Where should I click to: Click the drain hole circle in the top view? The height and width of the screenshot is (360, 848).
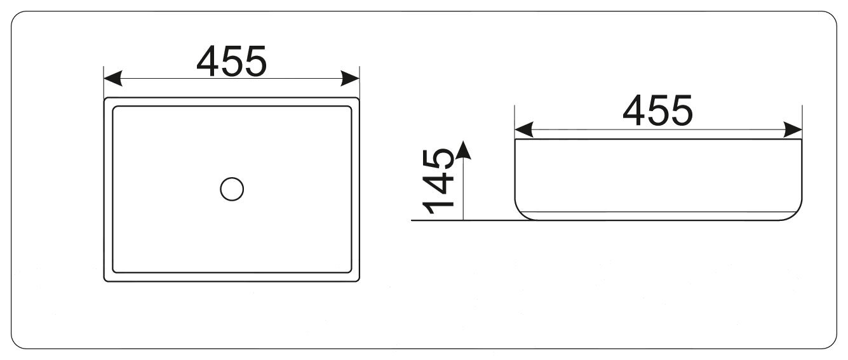pos(232,189)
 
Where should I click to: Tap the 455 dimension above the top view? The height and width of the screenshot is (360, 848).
pos(231,62)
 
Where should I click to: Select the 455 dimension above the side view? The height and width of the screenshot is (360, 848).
pos(657,110)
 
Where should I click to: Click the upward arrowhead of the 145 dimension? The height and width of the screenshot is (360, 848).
pos(464,150)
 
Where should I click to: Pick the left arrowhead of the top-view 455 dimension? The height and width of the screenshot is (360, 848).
pos(112,79)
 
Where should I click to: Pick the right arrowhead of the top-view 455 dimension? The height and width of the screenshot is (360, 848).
pos(351,79)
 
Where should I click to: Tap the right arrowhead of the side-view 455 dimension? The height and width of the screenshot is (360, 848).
pos(794,130)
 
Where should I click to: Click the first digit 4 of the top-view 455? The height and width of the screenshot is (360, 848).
pos(208,62)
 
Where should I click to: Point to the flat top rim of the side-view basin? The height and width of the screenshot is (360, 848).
pos(657,139)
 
